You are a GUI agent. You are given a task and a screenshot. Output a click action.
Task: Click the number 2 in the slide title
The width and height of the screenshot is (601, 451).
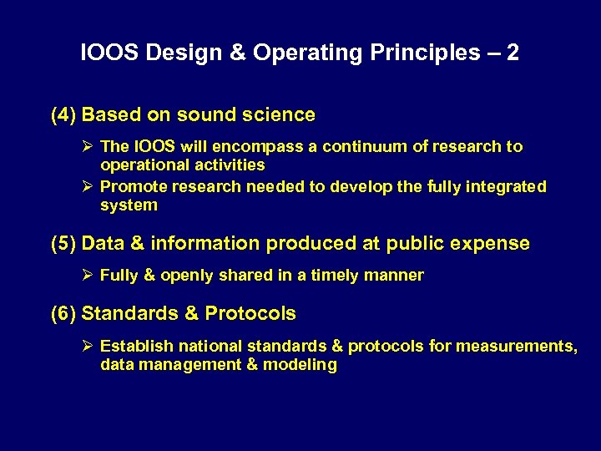tap(512, 53)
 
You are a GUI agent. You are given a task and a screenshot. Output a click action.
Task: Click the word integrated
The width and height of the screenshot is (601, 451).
tap(507, 187)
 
